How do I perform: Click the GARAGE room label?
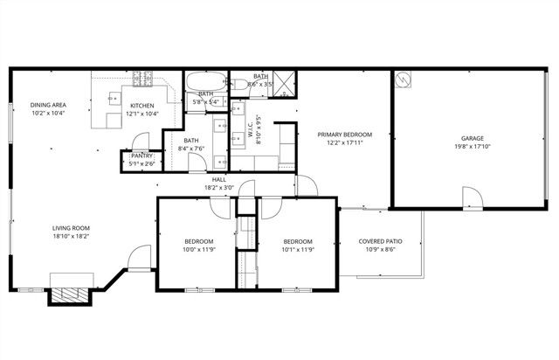point(473,138)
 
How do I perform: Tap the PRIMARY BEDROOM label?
point(344,135)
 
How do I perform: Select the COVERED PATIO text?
point(381,241)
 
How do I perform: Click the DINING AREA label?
point(49,105)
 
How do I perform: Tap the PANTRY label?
point(141,156)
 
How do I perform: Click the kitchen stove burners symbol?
point(142,80)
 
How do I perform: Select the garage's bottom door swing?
point(470,197)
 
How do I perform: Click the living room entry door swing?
point(138,259)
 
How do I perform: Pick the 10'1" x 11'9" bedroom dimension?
point(297,249)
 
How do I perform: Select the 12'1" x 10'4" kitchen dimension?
point(142,113)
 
